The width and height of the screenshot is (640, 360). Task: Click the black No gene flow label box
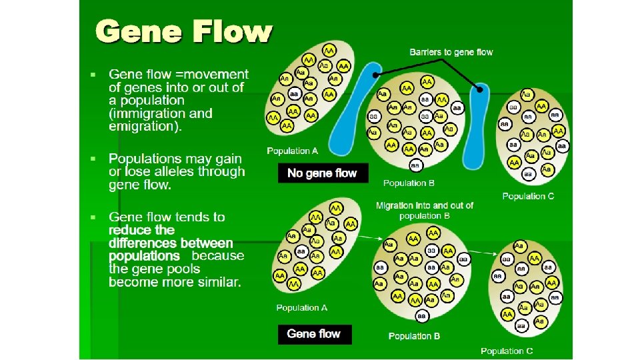(x=322, y=173)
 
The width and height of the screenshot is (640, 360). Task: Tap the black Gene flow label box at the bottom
(x=313, y=334)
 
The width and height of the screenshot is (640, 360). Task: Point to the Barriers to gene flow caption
(x=451, y=52)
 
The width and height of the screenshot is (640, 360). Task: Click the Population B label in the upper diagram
(x=409, y=183)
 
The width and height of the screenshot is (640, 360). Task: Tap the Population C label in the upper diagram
(x=528, y=196)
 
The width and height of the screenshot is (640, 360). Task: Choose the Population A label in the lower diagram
(x=302, y=308)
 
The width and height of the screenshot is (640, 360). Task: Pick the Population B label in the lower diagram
(x=414, y=336)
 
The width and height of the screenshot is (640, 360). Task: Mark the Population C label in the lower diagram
(x=507, y=351)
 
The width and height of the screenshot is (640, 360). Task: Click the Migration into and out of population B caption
(x=425, y=211)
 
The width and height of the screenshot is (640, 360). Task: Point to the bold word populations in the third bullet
(x=144, y=256)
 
